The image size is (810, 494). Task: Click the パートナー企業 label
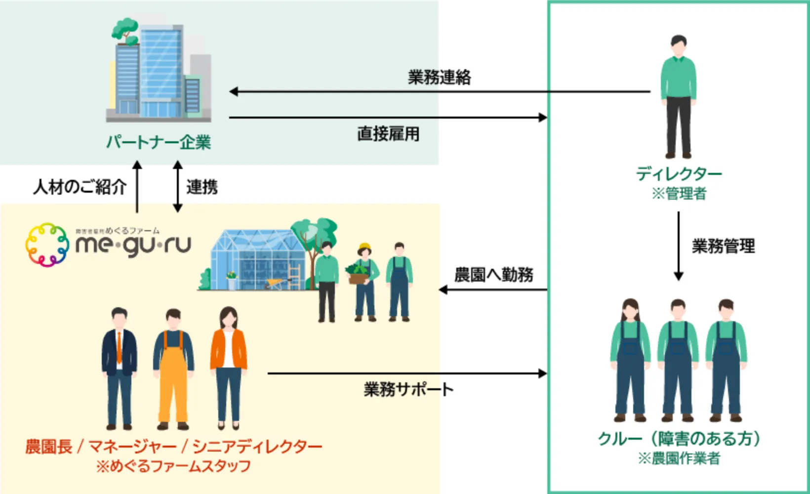[x=159, y=142]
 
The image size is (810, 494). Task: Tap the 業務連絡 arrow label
[x=439, y=77]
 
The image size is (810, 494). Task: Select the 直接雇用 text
[x=388, y=134]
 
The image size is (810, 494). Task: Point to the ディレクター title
[x=679, y=174]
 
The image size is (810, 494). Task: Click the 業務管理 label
[x=723, y=246]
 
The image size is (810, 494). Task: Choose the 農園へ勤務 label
[x=493, y=275]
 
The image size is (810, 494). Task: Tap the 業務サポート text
[x=408, y=389]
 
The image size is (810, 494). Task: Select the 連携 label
[x=202, y=187]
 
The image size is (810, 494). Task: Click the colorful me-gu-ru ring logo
[x=47, y=245]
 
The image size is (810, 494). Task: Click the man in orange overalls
[x=173, y=368]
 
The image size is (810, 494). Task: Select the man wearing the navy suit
[x=120, y=368]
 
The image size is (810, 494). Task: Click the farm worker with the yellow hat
[x=364, y=282]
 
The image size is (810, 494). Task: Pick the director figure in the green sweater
[x=679, y=96]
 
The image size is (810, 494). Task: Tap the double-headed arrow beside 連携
[x=178, y=187]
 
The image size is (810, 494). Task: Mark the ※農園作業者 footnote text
[x=679, y=458]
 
